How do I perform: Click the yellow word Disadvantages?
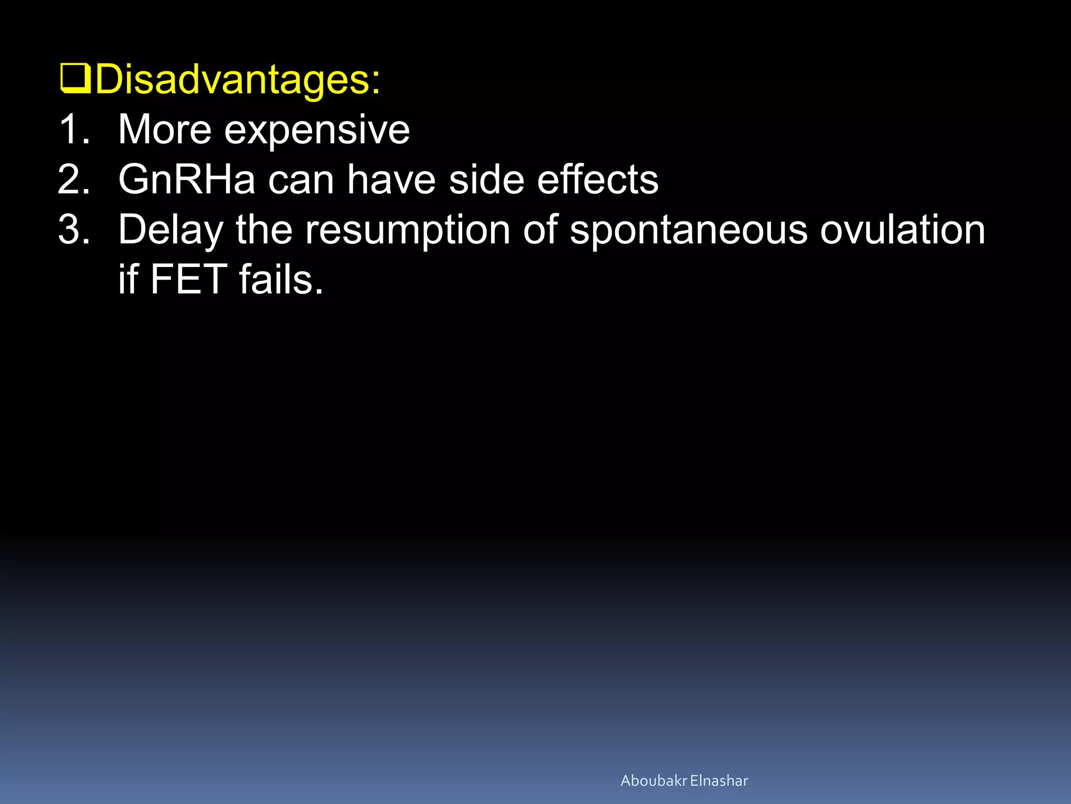tap(238, 80)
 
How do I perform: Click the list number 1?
tap(73, 129)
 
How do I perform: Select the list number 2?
tap(73, 180)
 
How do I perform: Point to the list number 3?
tap(73, 229)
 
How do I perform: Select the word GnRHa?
tap(187, 180)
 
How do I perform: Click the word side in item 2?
tap(486, 180)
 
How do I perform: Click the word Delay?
tap(170, 230)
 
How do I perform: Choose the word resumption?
tap(407, 230)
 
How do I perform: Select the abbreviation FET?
tap(189, 280)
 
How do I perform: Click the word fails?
tap(281, 280)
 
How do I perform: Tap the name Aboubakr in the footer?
tap(653, 780)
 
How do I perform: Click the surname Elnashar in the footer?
tap(719, 780)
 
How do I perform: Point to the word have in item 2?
tap(391, 180)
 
